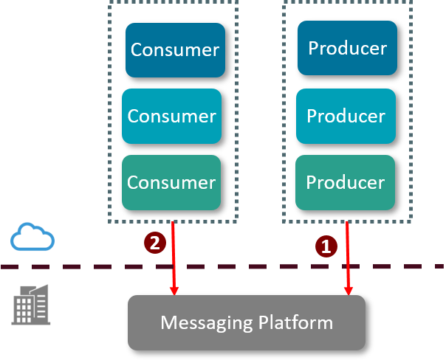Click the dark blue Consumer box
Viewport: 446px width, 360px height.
tap(175, 49)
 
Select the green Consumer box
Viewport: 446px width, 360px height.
tap(171, 181)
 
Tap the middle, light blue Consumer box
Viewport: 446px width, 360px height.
tap(171, 116)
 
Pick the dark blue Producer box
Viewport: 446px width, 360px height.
tap(347, 48)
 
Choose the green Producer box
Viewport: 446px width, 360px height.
tap(346, 181)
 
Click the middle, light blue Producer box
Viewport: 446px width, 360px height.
tap(346, 116)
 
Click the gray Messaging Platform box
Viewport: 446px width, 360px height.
tap(247, 322)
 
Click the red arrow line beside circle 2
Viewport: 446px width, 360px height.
tap(174, 251)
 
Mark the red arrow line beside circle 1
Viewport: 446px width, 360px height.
tap(347, 251)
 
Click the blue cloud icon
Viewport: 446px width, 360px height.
tap(32, 238)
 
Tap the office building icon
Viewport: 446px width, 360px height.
tap(31, 304)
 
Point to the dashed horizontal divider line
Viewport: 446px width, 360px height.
tap(74, 266)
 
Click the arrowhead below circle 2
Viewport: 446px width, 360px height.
tap(175, 291)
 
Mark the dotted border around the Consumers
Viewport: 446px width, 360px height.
tap(109, 111)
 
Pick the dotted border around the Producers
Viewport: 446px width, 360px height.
tap(284, 111)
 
